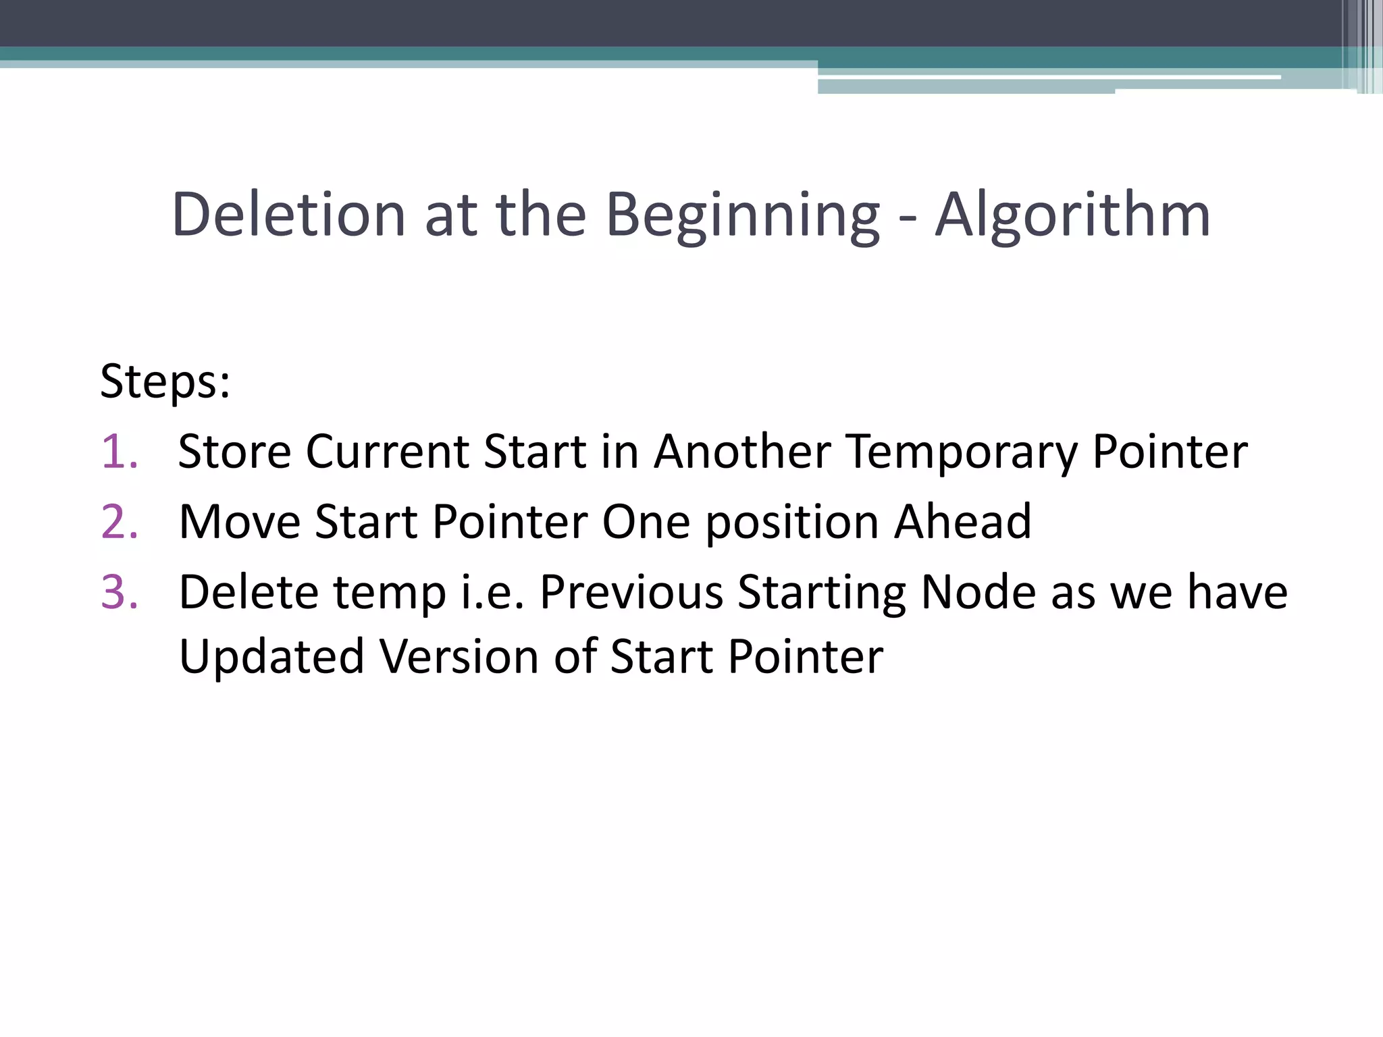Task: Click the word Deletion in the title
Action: pyautogui.click(x=288, y=215)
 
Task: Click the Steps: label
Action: pyautogui.click(x=165, y=382)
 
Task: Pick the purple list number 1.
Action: pyautogui.click(x=120, y=451)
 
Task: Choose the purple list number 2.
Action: pyautogui.click(x=120, y=522)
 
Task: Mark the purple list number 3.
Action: pyautogui.click(x=120, y=592)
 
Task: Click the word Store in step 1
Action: pyautogui.click(x=234, y=451)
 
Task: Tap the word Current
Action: pyautogui.click(x=387, y=451)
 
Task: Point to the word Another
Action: pyautogui.click(x=741, y=451)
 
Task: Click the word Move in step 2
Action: pyautogui.click(x=240, y=522)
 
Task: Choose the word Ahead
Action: pyautogui.click(x=963, y=522)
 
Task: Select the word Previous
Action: pyautogui.click(x=631, y=592)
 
